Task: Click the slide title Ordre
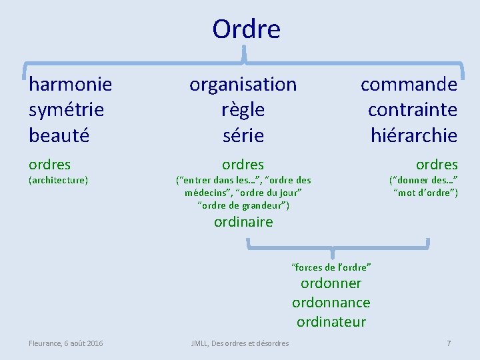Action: pyautogui.click(x=246, y=29)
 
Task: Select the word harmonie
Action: pyautogui.click(x=70, y=84)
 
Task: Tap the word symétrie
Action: pyautogui.click(x=66, y=109)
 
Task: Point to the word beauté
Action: pyautogui.click(x=60, y=135)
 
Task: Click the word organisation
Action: pyautogui.click(x=243, y=84)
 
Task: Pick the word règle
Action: pyautogui.click(x=243, y=109)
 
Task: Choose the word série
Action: pyautogui.click(x=243, y=135)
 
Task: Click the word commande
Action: pyautogui.click(x=409, y=84)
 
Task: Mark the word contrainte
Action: pyautogui.click(x=412, y=109)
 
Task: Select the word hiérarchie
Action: pyautogui.click(x=413, y=135)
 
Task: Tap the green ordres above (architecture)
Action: pyautogui.click(x=49, y=164)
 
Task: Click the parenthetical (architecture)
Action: pyautogui.click(x=58, y=180)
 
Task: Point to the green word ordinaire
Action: pyautogui.click(x=243, y=222)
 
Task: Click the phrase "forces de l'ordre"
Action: pyautogui.click(x=331, y=267)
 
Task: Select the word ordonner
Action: pyautogui.click(x=331, y=283)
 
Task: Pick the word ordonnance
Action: pyautogui.click(x=331, y=303)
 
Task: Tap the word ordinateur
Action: pyautogui.click(x=331, y=322)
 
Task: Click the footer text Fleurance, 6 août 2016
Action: pyautogui.click(x=65, y=343)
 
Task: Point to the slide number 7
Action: pyautogui.click(x=449, y=343)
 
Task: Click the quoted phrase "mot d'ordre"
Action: pyautogui.click(x=426, y=193)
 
